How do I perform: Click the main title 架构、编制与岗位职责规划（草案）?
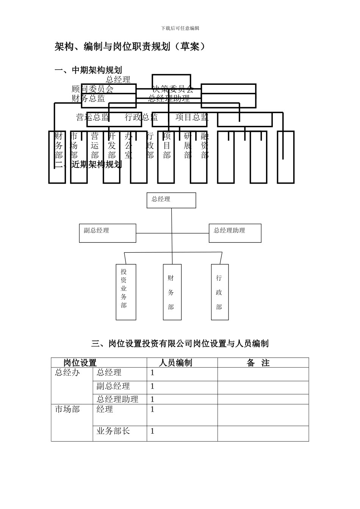(130, 47)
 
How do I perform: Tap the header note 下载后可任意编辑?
(180, 28)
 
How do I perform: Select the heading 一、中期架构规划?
(88, 70)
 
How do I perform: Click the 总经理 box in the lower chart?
(171, 200)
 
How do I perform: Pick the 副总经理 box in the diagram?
(108, 233)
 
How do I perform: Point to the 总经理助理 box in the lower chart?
(235, 233)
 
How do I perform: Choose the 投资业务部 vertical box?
(126, 292)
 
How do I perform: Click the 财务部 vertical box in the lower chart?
(172, 292)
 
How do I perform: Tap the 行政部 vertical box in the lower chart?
(220, 292)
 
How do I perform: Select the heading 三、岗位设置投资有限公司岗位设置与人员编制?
(180, 343)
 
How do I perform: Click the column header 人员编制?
(175, 363)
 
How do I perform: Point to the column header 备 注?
(258, 363)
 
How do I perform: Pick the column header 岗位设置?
(80, 363)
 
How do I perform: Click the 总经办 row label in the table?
(67, 373)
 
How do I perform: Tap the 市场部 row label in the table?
(67, 409)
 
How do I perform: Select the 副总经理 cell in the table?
(113, 386)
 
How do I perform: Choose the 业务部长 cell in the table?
(113, 431)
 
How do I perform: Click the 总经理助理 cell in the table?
(117, 399)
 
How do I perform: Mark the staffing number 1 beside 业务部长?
(152, 431)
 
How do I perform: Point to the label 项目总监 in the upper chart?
(192, 117)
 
